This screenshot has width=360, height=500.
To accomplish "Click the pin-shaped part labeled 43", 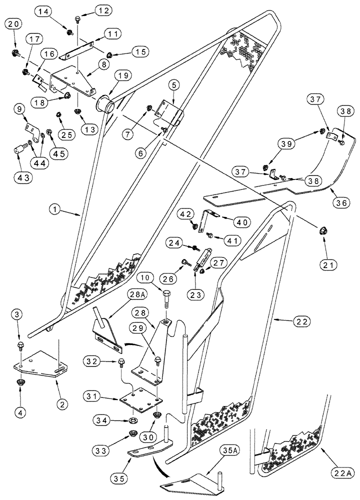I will [20, 148].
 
